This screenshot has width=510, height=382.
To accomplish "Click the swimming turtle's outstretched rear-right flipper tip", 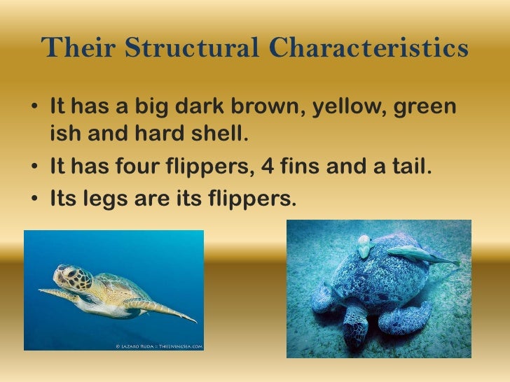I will [x=192, y=320].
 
